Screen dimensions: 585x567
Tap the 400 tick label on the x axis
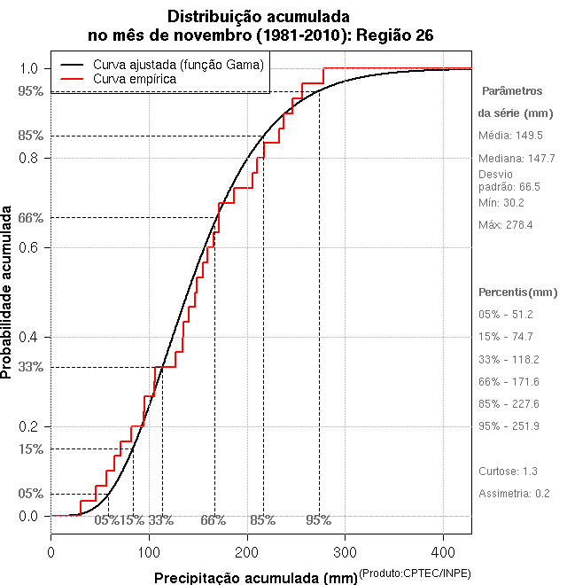444,552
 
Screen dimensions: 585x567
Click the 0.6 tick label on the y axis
28,247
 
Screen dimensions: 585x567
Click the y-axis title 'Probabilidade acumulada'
8,292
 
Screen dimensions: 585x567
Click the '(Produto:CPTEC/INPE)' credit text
415,574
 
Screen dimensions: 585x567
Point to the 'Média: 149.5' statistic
510,136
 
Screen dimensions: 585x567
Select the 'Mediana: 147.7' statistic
517,159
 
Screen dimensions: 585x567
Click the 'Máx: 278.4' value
506,225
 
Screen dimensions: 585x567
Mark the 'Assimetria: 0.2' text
515,493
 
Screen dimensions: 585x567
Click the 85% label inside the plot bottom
263,520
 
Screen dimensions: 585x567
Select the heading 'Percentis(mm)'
518,292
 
